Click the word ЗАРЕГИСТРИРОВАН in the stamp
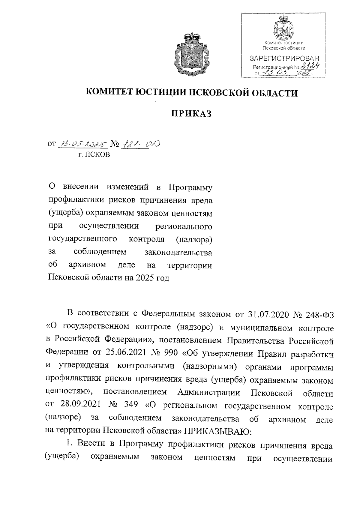click(284, 58)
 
